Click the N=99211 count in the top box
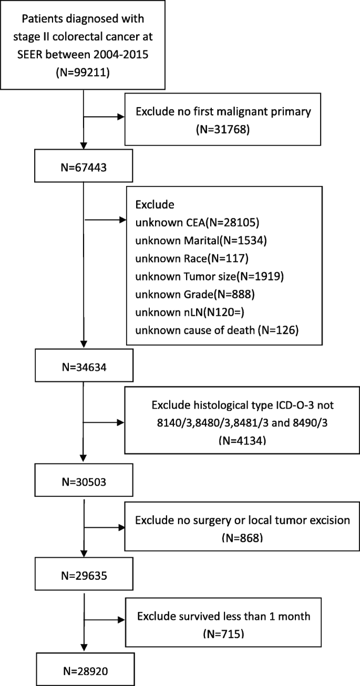tap(83, 73)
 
